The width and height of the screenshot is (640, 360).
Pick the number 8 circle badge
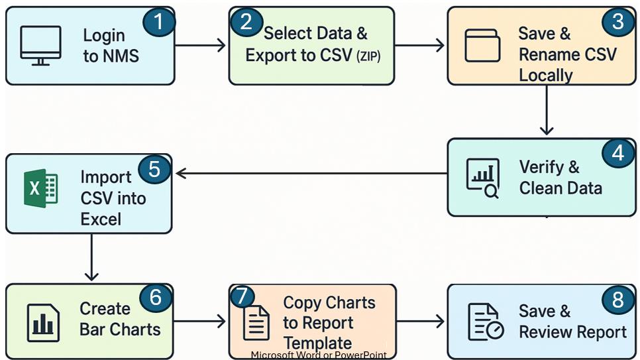coord(617,300)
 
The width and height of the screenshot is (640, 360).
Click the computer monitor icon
coord(40,45)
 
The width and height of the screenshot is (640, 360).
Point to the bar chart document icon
coord(42,322)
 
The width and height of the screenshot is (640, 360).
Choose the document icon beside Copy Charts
coord(256,322)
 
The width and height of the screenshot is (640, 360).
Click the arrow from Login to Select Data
coord(201,45)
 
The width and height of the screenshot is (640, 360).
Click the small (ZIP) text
coord(369,57)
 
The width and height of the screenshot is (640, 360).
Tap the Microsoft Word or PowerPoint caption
coord(319,355)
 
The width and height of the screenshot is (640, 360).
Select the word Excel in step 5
coord(102,219)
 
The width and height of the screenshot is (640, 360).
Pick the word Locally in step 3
coord(545,75)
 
